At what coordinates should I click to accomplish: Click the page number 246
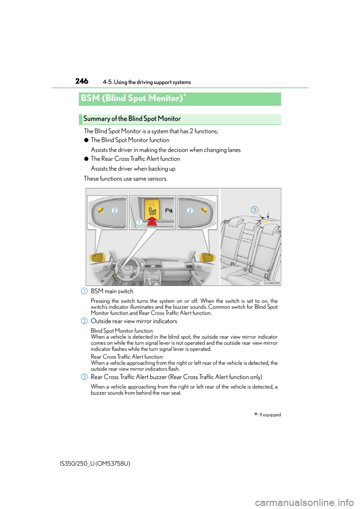click(82, 81)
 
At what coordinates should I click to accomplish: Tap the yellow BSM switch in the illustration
click(152, 209)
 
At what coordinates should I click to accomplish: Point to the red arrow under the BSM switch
click(152, 221)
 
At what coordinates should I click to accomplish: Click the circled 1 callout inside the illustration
click(139, 222)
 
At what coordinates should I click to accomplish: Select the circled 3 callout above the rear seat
click(254, 210)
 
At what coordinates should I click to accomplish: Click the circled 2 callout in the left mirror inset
click(114, 210)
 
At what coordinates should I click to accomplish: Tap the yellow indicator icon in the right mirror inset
click(204, 210)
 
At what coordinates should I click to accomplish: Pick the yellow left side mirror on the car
click(97, 258)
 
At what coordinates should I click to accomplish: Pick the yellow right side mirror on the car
click(207, 257)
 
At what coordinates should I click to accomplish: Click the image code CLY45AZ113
click(272, 283)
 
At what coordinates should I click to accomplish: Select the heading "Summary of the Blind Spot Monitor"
click(132, 118)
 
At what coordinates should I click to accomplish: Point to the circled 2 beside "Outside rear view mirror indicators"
click(84, 321)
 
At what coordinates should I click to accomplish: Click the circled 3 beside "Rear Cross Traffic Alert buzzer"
click(84, 377)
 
